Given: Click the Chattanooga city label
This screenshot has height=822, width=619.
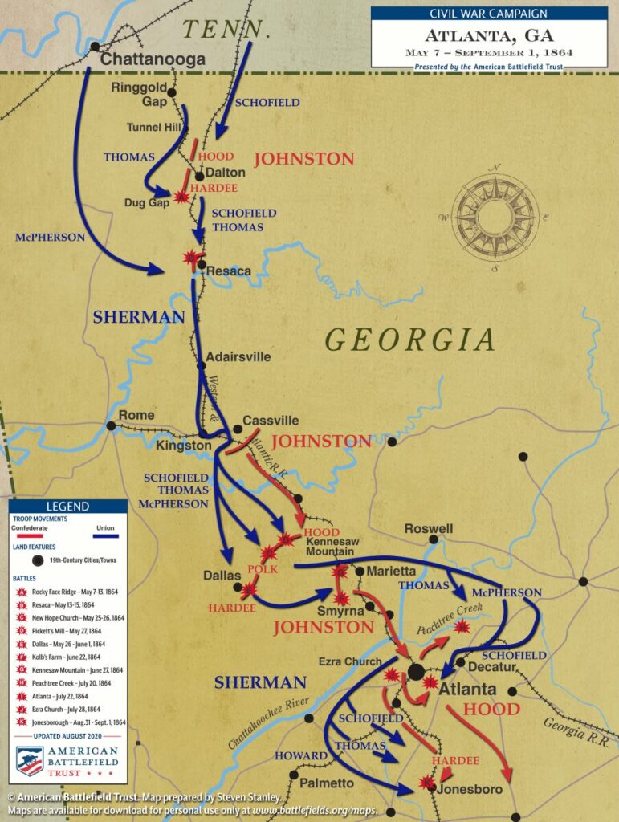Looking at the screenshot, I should pyautogui.click(x=153, y=59).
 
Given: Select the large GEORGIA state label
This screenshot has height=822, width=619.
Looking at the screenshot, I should pyautogui.click(x=410, y=340).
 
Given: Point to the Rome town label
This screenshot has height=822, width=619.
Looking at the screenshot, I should pyautogui.click(x=136, y=415).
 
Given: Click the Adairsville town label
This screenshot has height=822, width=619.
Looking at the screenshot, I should pyautogui.click(x=238, y=356).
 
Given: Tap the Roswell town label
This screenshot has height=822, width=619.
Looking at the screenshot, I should pyautogui.click(x=428, y=529).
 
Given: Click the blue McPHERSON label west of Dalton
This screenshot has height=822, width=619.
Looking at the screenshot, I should pyautogui.click(x=49, y=238).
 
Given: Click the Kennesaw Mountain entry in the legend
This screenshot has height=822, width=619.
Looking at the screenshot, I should pyautogui.click(x=77, y=669).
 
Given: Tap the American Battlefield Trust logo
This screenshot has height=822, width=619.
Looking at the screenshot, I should pyautogui.click(x=67, y=761).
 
